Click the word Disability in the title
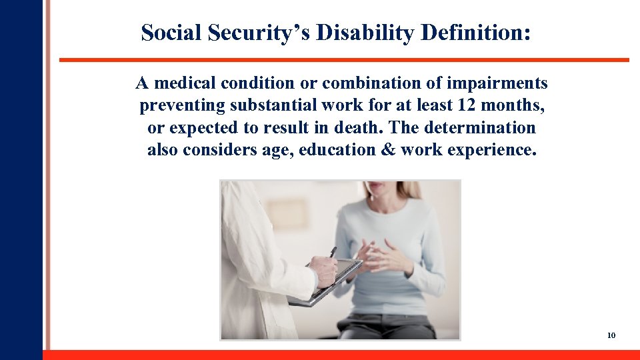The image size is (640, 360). click(x=365, y=33)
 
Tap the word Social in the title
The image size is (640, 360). click(x=171, y=33)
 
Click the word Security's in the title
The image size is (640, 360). click(x=259, y=33)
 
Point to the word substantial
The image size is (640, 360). click(x=266, y=105)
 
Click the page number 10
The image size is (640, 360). click(x=611, y=335)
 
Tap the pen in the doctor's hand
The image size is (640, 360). click(x=333, y=253)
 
